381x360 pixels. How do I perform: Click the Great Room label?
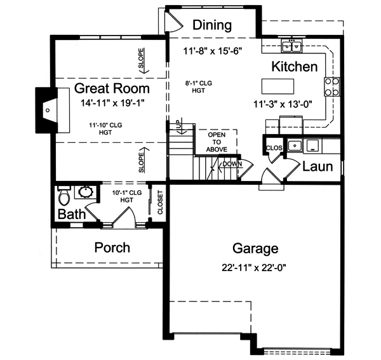[112, 88]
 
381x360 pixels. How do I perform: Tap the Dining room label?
[212, 25]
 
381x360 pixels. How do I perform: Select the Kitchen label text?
[295, 67]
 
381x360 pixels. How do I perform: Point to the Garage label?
[255, 248]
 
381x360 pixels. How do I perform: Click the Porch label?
[112, 247]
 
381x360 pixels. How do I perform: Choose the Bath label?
[72, 215]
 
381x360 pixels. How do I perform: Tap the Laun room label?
[317, 167]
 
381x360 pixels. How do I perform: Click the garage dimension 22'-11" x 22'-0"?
[255, 267]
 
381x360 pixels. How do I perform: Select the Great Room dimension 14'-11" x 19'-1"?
[112, 102]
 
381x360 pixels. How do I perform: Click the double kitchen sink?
[293, 46]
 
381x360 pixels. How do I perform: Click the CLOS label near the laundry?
[274, 147]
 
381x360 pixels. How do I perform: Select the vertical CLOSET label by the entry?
[160, 203]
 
